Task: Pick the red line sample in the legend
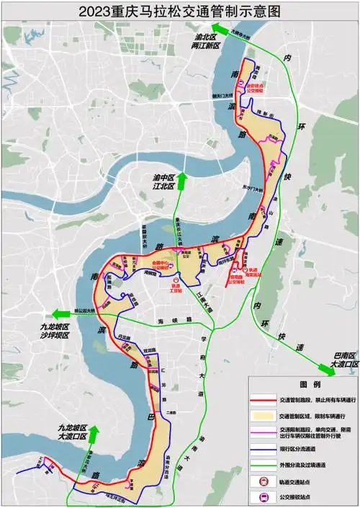(264, 399)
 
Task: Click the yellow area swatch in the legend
(264, 416)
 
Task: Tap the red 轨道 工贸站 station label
(175, 286)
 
